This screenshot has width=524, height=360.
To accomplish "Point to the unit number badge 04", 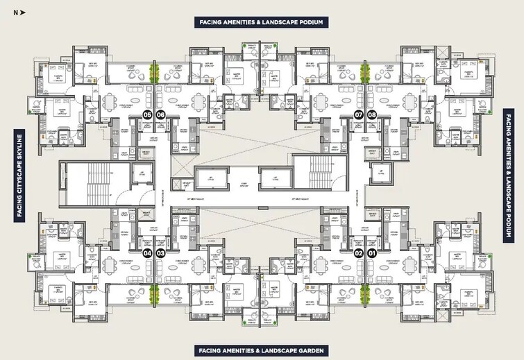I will pos(147,253).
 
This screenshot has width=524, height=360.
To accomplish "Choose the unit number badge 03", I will pos(160,253).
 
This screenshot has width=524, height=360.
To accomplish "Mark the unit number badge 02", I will pos(359,253).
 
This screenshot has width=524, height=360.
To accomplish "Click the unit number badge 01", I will pos(372,253).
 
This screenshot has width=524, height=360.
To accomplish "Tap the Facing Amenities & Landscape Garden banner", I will pos(261,350).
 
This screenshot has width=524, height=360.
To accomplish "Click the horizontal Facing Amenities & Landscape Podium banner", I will pos(261,22).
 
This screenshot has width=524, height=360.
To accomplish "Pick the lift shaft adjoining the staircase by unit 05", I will pos(143,173).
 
